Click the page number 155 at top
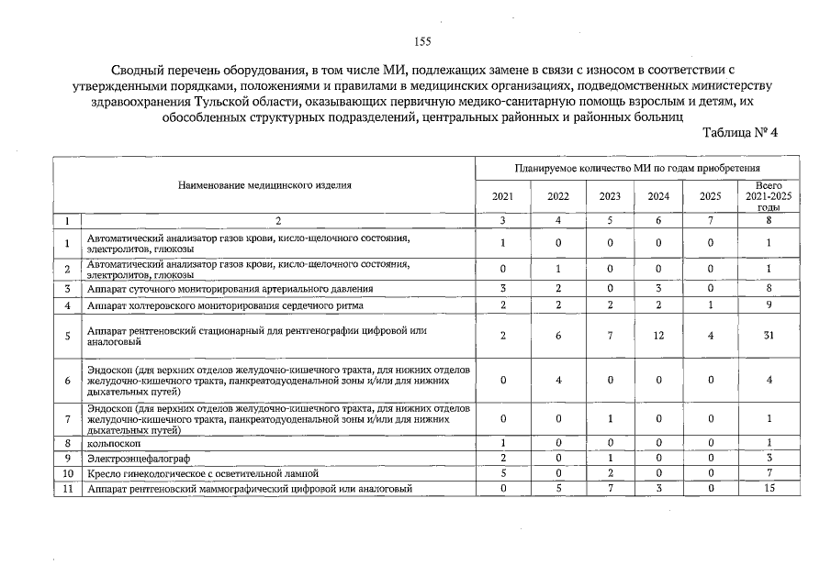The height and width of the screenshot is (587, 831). click(x=422, y=41)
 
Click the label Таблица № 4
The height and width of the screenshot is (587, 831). click(x=740, y=132)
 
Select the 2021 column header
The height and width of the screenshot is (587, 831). click(x=502, y=195)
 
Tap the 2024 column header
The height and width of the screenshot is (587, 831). click(x=657, y=195)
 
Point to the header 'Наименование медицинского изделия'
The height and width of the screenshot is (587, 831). click(x=264, y=185)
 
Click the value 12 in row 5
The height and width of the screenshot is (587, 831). click(x=657, y=336)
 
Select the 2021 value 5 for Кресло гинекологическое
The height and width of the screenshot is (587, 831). click(x=502, y=473)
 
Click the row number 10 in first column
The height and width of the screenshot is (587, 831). click(x=67, y=473)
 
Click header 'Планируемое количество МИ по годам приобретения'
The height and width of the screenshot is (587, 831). click(x=636, y=169)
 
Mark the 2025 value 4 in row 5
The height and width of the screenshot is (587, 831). click(x=710, y=336)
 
